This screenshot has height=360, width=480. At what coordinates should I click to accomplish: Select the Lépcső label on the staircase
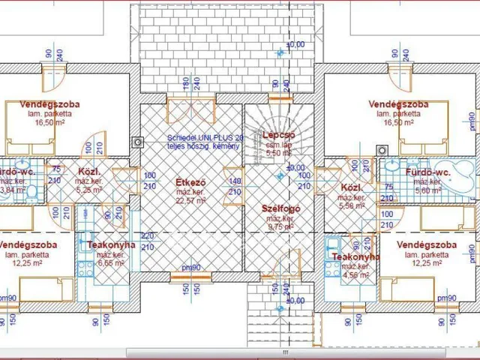[278, 136]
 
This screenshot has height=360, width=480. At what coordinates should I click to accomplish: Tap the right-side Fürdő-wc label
[426, 172]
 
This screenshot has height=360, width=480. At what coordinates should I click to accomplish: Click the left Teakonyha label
[111, 245]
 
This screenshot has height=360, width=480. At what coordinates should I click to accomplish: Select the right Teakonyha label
[355, 257]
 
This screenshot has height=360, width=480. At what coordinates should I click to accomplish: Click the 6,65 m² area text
[111, 263]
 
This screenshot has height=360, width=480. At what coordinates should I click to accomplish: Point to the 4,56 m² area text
[355, 275]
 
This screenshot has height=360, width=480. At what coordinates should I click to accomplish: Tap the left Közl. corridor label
[89, 171]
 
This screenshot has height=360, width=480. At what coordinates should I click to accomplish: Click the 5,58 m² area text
[352, 205]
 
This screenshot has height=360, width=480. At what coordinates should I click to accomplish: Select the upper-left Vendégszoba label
[49, 104]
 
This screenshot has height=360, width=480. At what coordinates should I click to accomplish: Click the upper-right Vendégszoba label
[398, 103]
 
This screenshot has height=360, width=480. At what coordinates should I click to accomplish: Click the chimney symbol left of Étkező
[136, 141]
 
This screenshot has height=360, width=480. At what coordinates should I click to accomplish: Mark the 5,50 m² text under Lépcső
[278, 153]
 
